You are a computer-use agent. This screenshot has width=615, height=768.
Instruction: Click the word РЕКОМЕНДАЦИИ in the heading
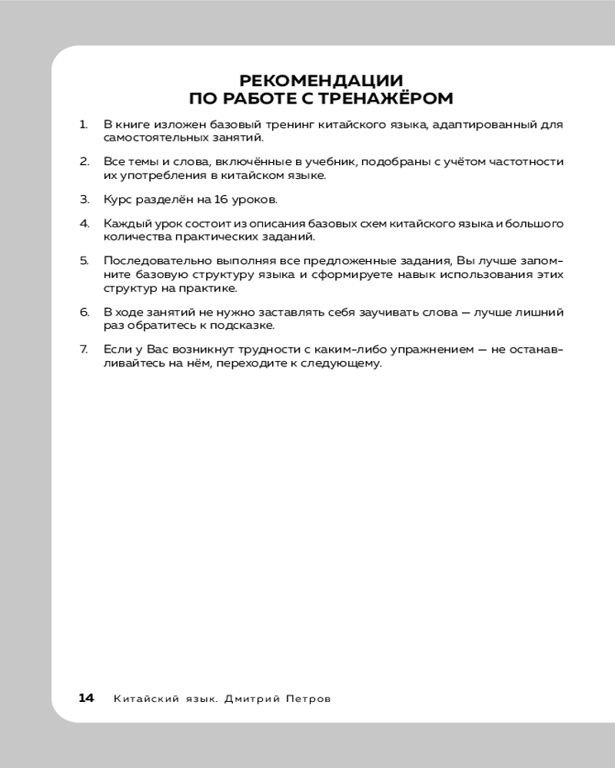321,81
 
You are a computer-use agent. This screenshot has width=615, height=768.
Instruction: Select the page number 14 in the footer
86,698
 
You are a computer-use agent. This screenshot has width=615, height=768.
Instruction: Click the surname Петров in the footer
305,699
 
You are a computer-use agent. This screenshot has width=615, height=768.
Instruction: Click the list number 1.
83,124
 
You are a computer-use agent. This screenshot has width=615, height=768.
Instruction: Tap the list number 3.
85,199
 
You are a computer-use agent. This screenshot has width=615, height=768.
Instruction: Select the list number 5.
85,260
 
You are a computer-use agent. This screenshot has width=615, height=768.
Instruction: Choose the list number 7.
85,349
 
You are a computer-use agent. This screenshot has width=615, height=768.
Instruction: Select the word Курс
117,199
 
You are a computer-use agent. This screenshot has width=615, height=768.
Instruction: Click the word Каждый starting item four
124,223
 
